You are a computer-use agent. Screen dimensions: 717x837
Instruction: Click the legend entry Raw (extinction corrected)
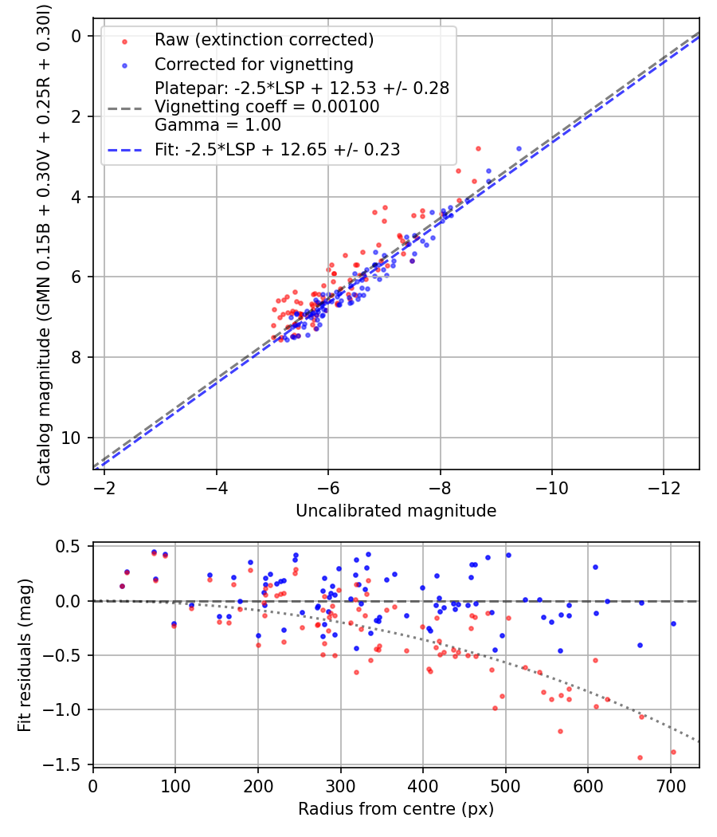click(264, 40)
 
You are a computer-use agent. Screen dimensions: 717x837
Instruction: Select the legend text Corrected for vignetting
click(254, 65)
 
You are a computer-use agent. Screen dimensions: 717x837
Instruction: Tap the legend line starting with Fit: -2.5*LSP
click(277, 150)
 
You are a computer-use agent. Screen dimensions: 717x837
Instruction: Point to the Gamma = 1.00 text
click(217, 125)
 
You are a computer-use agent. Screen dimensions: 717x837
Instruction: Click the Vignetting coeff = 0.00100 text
click(267, 107)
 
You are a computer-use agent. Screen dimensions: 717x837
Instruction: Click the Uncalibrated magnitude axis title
click(396, 511)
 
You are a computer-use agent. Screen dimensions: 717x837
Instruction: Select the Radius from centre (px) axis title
click(396, 809)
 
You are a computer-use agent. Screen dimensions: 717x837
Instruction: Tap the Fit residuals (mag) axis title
click(25, 655)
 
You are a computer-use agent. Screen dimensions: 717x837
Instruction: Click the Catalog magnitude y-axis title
click(43, 245)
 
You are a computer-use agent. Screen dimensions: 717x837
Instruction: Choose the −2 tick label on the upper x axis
click(104, 487)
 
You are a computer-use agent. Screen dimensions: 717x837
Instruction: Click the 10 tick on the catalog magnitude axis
click(71, 438)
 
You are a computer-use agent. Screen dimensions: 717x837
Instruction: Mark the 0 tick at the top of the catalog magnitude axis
click(76, 37)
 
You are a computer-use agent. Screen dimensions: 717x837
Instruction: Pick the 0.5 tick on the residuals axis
click(69, 546)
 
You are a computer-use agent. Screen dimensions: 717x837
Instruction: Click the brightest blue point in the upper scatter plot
click(519, 148)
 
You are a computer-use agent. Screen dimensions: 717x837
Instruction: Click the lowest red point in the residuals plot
click(640, 757)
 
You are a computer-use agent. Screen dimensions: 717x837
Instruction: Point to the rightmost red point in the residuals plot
click(673, 752)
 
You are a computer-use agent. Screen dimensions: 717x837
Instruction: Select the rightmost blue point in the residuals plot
click(673, 623)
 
